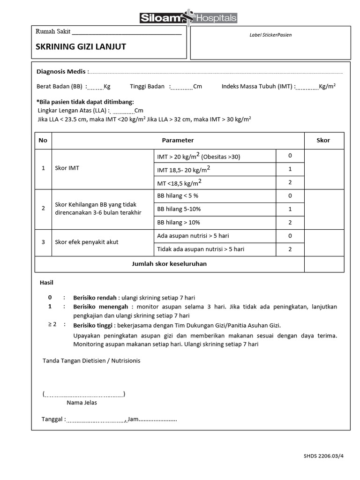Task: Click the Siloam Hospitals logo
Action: point(188,17)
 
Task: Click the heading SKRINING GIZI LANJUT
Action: point(81,47)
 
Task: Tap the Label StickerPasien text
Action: point(270,35)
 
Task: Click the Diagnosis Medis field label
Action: point(61,72)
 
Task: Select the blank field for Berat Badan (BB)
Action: point(95,87)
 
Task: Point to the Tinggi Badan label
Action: point(147,87)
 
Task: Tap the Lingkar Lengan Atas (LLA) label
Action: point(73,111)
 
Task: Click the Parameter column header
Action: point(178,141)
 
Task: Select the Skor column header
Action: point(323,141)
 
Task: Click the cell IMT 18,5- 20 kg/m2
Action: point(184,169)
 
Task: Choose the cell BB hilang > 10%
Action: point(179,223)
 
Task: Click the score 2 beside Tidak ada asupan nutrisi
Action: point(290,249)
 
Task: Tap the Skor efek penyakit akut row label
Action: point(87,242)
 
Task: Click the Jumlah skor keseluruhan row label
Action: point(169,264)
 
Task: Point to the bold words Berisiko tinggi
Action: point(93,325)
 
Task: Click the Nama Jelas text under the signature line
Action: point(82,403)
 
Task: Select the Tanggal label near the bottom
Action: point(52,419)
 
